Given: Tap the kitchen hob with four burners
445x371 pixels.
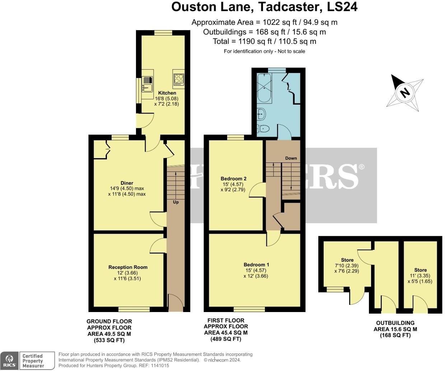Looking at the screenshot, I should point(179,79).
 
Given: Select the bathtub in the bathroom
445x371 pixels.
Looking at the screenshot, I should point(264,87).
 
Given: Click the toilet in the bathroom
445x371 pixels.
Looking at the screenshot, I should point(264,128).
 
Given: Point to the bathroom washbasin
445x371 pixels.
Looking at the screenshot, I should point(261,114).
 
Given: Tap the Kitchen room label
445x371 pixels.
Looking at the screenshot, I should point(167,93).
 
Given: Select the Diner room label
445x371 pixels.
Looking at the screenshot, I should point(127,183).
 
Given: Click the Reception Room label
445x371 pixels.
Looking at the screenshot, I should point(128,267).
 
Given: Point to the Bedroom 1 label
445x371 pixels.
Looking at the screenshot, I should point(256,265).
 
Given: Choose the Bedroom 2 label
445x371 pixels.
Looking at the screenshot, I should point(233,179).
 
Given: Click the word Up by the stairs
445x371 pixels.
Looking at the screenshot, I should point(176,202).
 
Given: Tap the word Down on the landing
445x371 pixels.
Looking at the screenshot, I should point(291,158).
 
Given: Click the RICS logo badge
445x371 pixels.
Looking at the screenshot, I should point(9,360).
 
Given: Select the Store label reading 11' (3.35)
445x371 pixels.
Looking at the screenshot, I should point(420,270).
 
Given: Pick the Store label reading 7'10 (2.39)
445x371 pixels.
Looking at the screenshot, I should point(347,260).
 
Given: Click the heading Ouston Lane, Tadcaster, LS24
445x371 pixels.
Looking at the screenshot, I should point(264,7).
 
